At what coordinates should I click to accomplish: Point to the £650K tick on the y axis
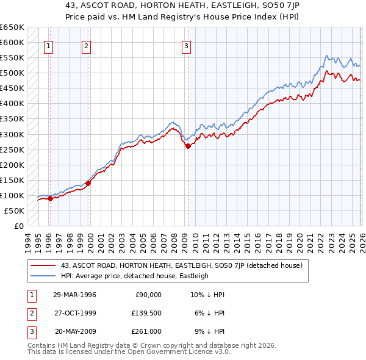tap(13, 27)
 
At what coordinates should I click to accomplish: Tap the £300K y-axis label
tap(13, 134)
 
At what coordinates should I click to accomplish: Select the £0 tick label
tap(20, 226)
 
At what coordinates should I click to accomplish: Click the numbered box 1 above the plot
tap(48, 45)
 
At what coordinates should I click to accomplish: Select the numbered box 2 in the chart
tap(86, 45)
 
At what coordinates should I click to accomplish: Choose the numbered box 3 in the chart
tap(186, 45)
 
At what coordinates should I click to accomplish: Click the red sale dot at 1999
tap(88, 182)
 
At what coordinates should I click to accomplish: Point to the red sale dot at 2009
tap(188, 146)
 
